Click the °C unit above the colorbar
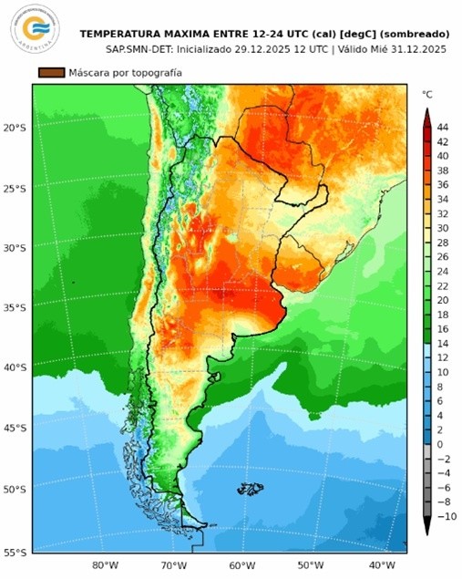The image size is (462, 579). click(x=426, y=94)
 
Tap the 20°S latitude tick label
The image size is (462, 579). click(x=15, y=129)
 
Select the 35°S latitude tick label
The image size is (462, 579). click(x=15, y=308)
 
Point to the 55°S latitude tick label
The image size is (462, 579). click(x=15, y=553)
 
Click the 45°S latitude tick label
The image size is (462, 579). click(x=15, y=429)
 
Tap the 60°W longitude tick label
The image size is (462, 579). click(x=242, y=565)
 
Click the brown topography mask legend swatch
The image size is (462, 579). click(x=51, y=72)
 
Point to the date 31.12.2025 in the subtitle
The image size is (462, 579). click(x=416, y=47)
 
